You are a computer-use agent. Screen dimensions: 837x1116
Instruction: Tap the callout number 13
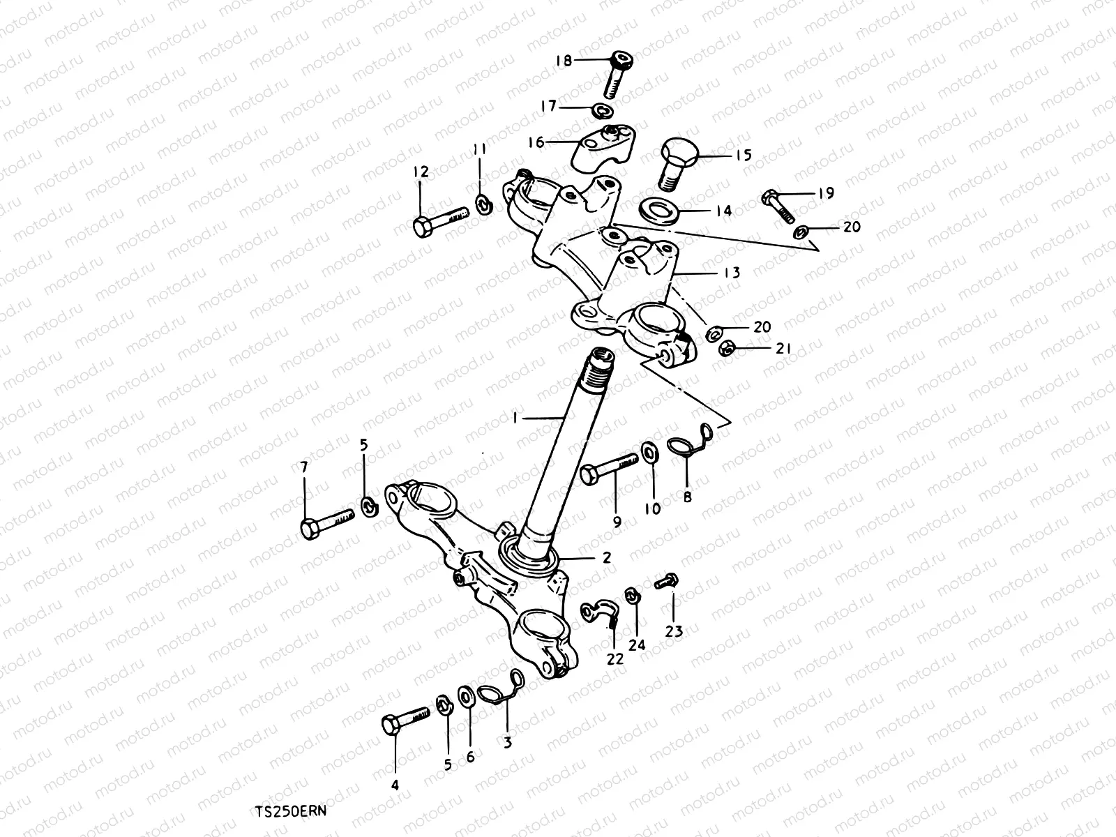coord(731,272)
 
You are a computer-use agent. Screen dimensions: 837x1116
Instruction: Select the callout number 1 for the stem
coord(515,417)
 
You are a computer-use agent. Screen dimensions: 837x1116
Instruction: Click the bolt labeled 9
coord(609,468)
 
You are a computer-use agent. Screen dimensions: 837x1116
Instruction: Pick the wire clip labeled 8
coord(687,446)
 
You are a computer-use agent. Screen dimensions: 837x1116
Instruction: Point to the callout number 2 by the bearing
coord(606,557)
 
